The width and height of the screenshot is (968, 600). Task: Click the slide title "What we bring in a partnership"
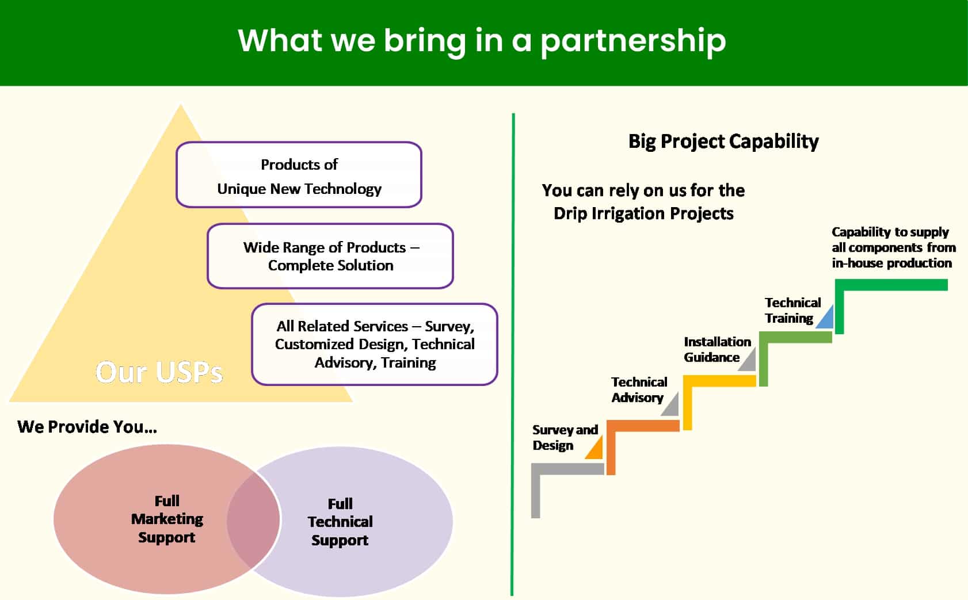[482, 41]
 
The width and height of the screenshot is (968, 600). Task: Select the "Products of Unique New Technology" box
[299, 175]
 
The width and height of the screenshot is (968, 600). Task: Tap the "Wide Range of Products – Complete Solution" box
[330, 256]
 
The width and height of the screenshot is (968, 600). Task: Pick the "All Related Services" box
[375, 344]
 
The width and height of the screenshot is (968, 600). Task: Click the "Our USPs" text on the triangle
[159, 372]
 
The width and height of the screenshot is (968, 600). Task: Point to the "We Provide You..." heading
[87, 427]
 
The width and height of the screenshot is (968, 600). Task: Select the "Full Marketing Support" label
[167, 519]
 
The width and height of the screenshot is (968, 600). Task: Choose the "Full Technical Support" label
[340, 522]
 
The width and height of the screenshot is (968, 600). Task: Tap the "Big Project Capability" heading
[723, 142]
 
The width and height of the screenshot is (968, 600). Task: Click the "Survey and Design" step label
[565, 438]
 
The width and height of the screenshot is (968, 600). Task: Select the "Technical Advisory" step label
[639, 389]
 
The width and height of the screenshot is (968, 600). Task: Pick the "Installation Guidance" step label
[717, 349]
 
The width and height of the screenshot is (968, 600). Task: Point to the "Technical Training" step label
[792, 310]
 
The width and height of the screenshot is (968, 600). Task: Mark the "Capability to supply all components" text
[893, 247]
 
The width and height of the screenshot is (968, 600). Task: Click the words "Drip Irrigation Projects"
[643, 213]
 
